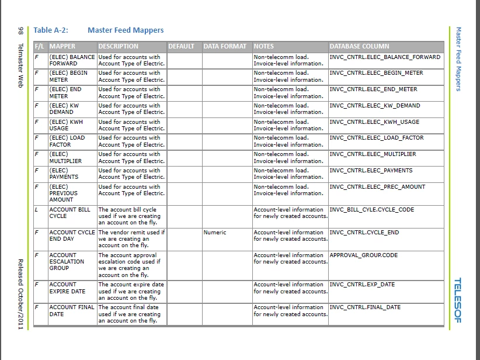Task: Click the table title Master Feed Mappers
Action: coord(126,30)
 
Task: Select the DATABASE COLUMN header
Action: coord(359,46)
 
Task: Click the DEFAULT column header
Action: coord(181,46)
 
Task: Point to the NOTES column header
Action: coord(263,46)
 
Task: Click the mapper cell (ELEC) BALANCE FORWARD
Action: coord(72,60)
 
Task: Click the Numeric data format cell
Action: coord(215,232)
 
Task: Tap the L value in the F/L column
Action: coord(36,209)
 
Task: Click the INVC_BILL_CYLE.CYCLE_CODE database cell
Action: coord(372,209)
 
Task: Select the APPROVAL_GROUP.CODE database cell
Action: coord(364,255)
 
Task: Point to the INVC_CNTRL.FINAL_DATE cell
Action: coord(365,307)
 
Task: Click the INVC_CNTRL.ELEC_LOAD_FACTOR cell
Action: coord(377,138)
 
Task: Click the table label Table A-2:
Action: coord(51,30)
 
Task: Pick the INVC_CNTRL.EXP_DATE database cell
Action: coord(362,284)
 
